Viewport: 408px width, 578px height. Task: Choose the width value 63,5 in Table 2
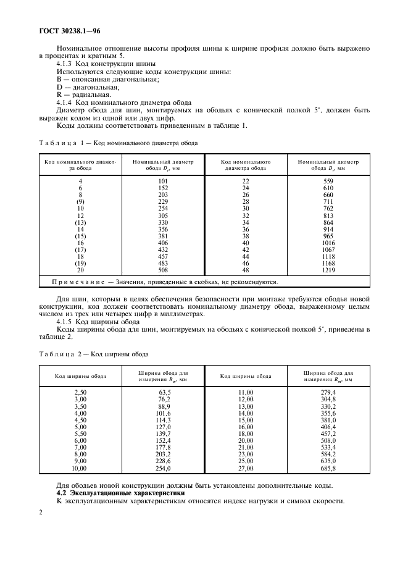(164, 392)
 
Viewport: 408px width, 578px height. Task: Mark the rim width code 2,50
(80, 392)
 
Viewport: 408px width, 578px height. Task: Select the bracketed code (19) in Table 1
(80, 264)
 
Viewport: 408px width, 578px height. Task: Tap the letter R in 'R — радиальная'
(59, 95)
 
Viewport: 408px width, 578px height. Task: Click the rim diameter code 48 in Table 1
(246, 270)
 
